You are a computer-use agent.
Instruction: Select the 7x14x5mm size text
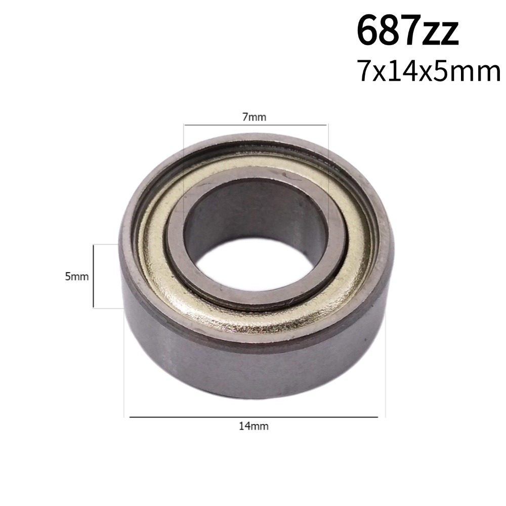(x=428, y=71)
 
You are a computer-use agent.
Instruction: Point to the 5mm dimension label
(x=76, y=276)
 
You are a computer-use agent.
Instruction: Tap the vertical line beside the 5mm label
(x=94, y=276)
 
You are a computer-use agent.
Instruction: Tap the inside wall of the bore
(x=253, y=213)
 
